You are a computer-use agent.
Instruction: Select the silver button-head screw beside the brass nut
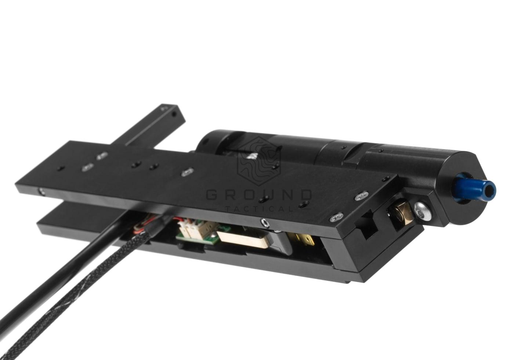(423, 211)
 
